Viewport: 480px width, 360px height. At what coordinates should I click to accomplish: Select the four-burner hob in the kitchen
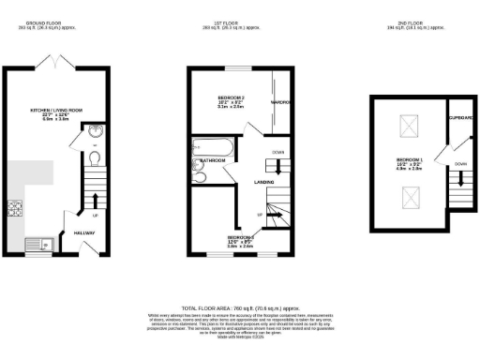(x=15, y=208)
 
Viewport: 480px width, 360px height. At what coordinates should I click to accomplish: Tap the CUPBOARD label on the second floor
(x=459, y=119)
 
